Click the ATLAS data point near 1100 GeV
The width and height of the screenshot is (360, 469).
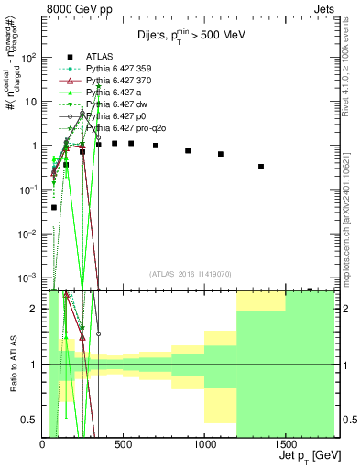pyautogui.click(x=221, y=154)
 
